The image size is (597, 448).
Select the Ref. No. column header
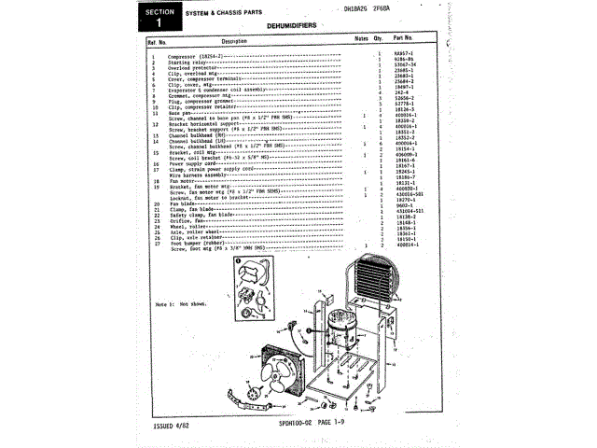click(156, 41)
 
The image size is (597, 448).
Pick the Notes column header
click(362, 39)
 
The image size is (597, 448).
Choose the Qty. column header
click(379, 39)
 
